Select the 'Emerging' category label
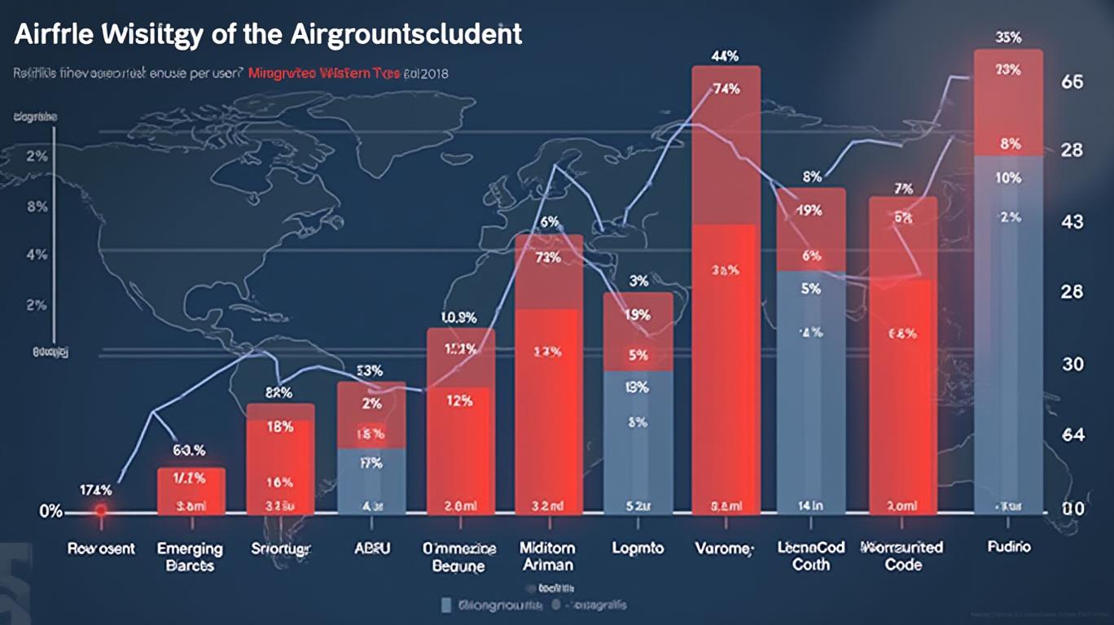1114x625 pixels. pyautogui.click(x=190, y=548)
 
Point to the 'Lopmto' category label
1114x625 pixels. pyautogui.click(x=637, y=548)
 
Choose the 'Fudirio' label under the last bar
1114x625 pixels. pyautogui.click(x=1008, y=547)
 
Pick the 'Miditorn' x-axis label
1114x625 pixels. pyautogui.click(x=547, y=548)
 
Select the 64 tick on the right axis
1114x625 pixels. pyautogui.click(x=1073, y=435)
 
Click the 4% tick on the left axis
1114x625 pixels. pyautogui.click(x=37, y=255)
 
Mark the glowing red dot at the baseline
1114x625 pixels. pyautogui.click(x=100, y=511)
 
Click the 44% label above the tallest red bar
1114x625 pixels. pyautogui.click(x=725, y=56)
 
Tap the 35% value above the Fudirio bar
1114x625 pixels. pyautogui.click(x=1008, y=37)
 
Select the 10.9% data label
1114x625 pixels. pyautogui.click(x=458, y=317)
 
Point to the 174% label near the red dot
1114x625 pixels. pyautogui.click(x=95, y=490)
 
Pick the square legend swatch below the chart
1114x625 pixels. pyautogui.click(x=445, y=605)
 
